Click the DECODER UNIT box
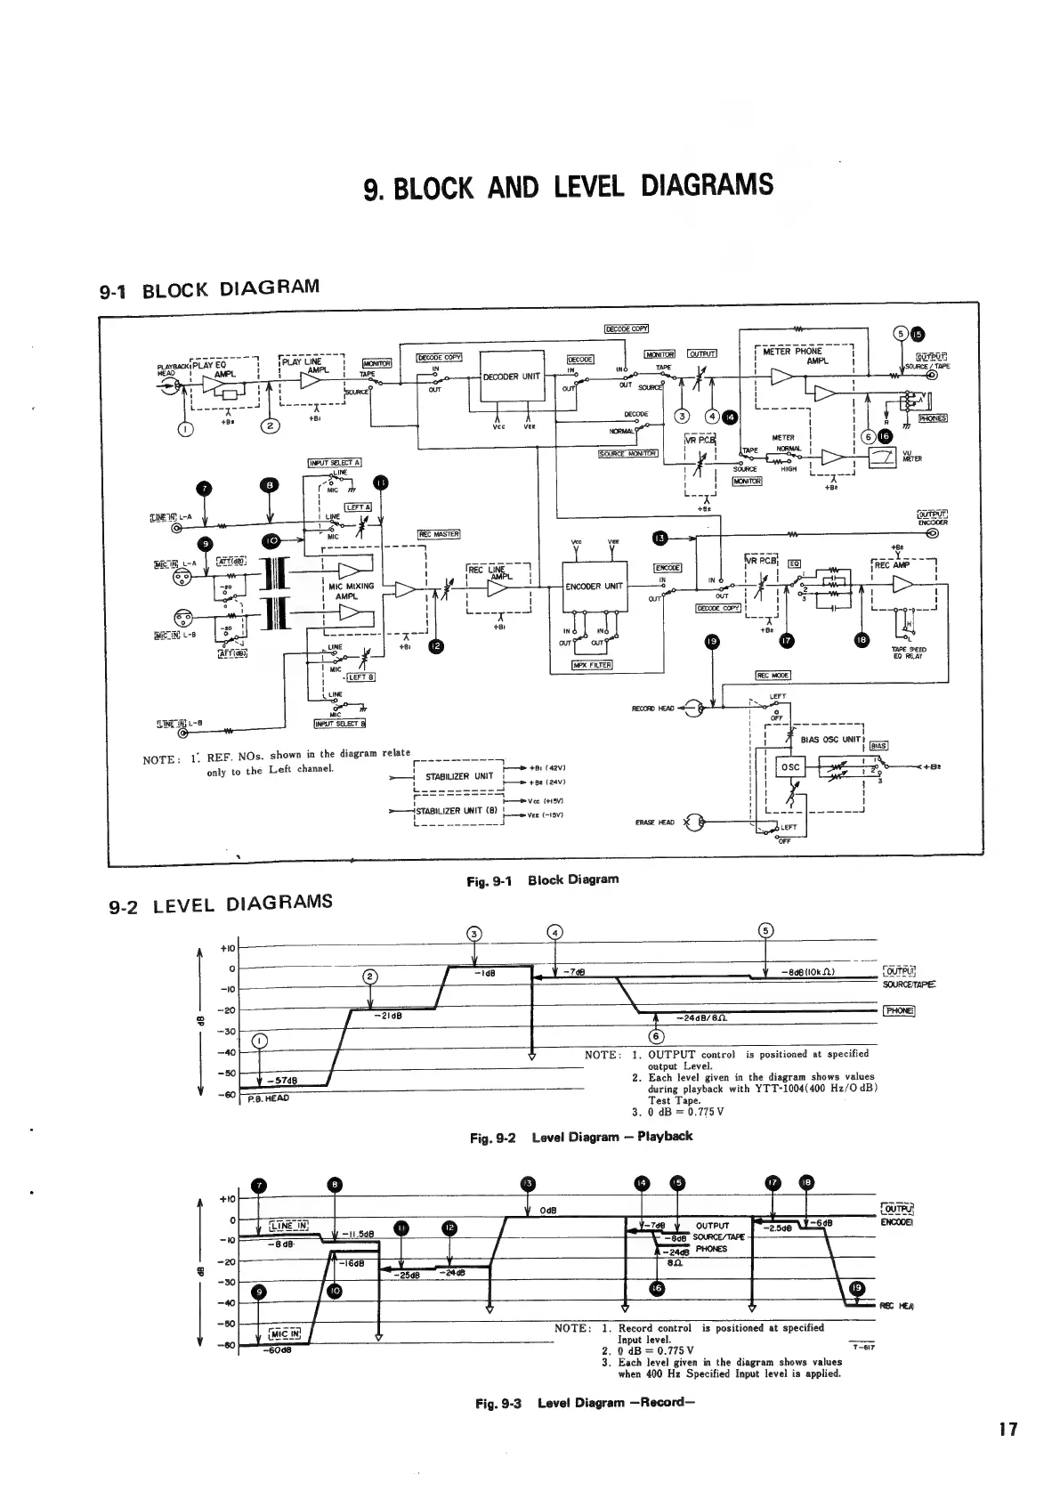[x=512, y=377]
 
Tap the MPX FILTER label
[x=592, y=664]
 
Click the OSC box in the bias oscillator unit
[x=790, y=767]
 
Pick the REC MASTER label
[x=438, y=534]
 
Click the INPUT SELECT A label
[x=333, y=463]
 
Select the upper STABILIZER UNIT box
[x=459, y=775]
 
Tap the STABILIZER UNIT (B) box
[x=459, y=811]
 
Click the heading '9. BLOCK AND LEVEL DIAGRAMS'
[x=570, y=187]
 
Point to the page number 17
[x=1007, y=1430]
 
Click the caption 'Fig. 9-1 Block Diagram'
[x=542, y=879]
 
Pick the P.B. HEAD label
[x=269, y=1098]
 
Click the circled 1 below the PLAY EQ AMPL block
[x=185, y=429]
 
